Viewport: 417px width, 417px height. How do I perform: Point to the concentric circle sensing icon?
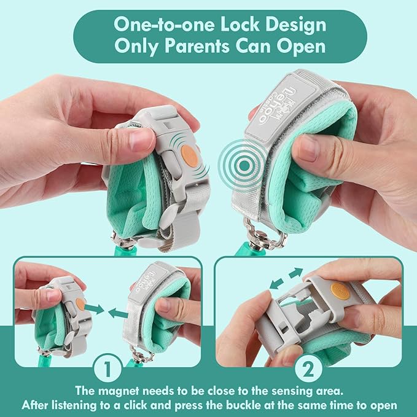click(x=237, y=152)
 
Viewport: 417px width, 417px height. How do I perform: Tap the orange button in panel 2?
click(x=337, y=290)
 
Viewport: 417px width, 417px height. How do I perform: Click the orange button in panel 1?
click(x=79, y=303)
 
